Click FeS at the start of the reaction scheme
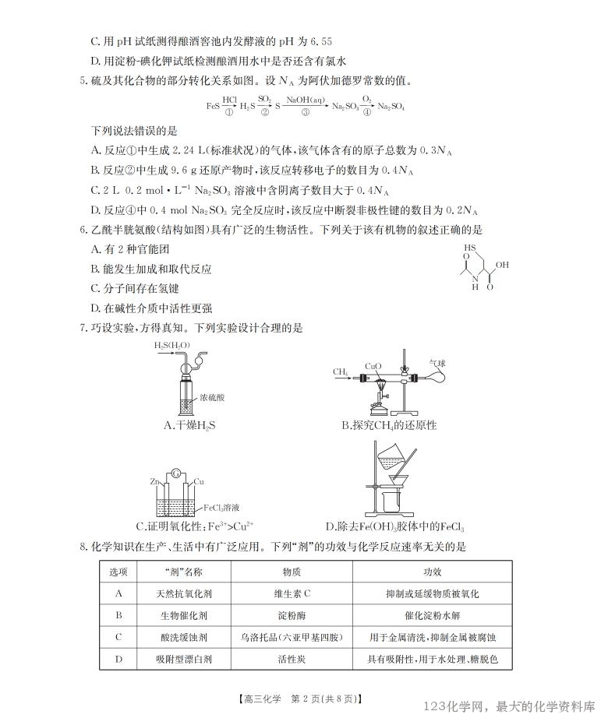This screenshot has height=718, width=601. coord(213,105)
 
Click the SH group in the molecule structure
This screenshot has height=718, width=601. coord(468,248)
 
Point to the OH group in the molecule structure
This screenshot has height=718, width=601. coord(502,265)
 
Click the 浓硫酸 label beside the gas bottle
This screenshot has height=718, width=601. coord(211,397)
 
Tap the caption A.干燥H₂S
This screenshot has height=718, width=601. coord(190,425)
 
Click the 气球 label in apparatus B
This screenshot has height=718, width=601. coord(438,362)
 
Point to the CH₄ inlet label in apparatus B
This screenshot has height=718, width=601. coord(341,372)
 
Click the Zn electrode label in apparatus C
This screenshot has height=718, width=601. coord(155,482)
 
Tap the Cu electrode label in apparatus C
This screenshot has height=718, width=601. coord(199,482)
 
